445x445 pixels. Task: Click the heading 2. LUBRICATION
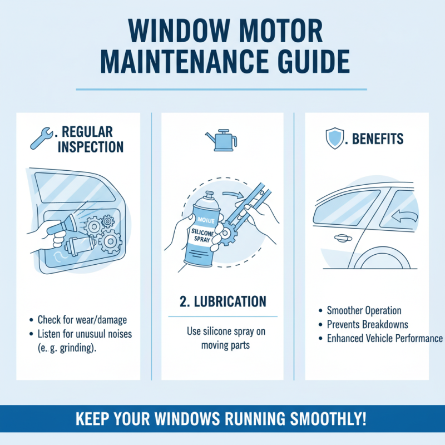[222, 301]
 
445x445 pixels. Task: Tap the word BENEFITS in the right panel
[375, 139]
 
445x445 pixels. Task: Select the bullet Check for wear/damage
[82, 320]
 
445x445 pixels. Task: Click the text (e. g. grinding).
[71, 347]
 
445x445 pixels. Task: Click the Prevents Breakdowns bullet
[367, 324]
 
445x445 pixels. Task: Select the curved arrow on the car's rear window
[407, 215]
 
